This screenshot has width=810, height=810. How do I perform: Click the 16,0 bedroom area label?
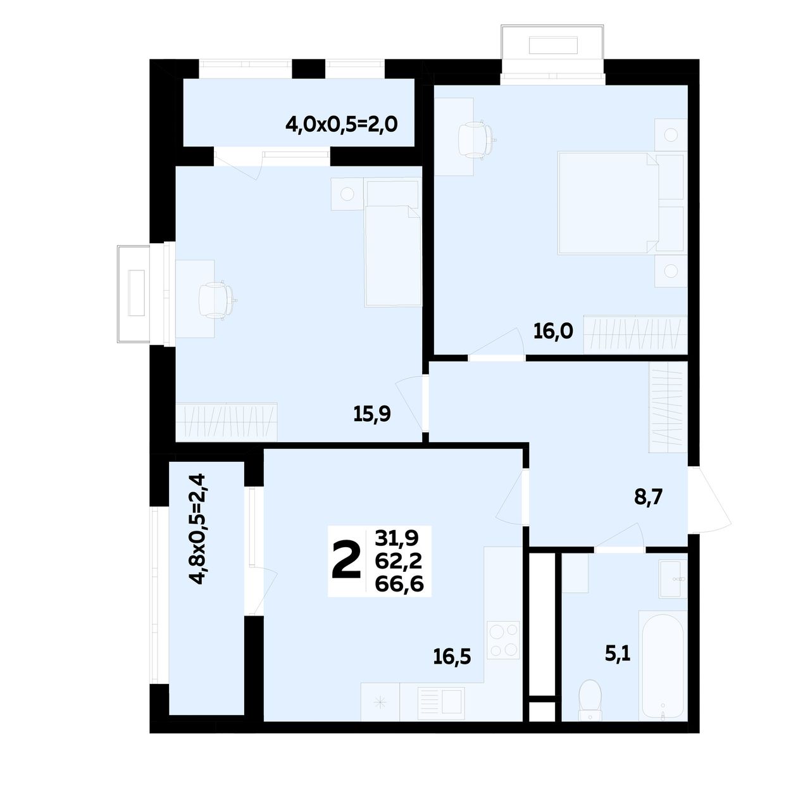[x=552, y=332]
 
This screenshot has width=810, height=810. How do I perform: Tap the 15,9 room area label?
[x=371, y=414]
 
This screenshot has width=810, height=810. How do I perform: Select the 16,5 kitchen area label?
[x=452, y=656]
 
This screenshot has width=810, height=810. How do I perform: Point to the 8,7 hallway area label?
[x=648, y=497]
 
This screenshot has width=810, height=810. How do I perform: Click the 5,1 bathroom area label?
[x=618, y=655]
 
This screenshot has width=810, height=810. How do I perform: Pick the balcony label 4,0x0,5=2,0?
[x=341, y=125]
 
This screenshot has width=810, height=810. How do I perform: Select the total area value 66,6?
[x=399, y=584]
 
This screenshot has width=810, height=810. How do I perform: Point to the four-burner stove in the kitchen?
[x=504, y=640]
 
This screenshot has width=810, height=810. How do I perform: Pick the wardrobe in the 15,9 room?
[x=226, y=422]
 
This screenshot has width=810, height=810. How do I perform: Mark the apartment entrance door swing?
[x=710, y=500]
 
